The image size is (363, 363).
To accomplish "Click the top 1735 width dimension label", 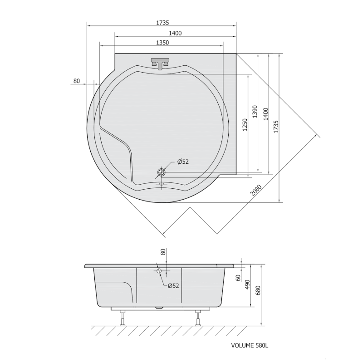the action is [162, 23].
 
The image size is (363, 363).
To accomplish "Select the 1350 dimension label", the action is [162, 43].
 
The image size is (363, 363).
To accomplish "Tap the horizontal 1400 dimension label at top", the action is [175, 33].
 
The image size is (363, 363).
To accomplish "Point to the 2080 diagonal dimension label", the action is [256, 190].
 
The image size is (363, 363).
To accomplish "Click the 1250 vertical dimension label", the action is [245, 125].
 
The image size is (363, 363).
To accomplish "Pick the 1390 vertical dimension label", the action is [255, 112].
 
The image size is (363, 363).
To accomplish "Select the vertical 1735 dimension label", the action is [276, 127].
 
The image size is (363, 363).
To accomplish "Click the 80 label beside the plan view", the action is [77, 81].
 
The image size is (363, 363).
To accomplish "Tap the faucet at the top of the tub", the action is [160, 63].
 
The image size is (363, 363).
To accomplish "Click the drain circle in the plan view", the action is [162, 172].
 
